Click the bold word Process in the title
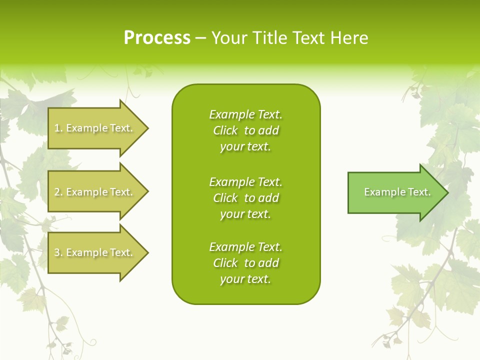click(157, 38)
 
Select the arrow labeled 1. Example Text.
click(95, 128)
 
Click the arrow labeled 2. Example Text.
click(95, 192)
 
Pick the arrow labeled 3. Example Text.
click(95, 252)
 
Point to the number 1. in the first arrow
click(58, 128)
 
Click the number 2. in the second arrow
click(58, 192)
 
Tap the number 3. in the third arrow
click(58, 252)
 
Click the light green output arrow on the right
click(395, 192)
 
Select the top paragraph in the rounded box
click(245, 130)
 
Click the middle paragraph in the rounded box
click(245, 197)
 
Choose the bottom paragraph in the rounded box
click(245, 263)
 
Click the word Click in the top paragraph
click(225, 130)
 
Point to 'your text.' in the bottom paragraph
click(245, 279)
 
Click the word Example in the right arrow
click(380, 192)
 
